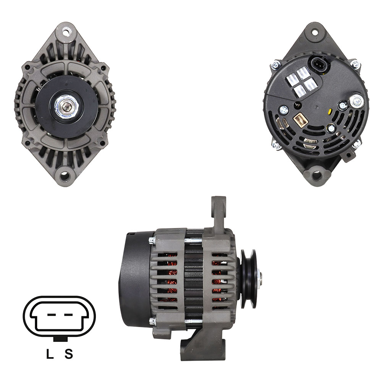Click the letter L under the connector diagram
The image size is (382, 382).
pos(50,354)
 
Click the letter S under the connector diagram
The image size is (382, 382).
pos(69,354)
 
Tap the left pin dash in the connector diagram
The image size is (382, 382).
pos(52,314)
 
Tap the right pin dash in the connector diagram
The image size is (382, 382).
pos(68,314)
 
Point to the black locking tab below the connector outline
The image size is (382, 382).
pos(60,339)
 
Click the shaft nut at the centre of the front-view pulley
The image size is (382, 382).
pos(66,106)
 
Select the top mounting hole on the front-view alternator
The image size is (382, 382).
pos(66,31)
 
